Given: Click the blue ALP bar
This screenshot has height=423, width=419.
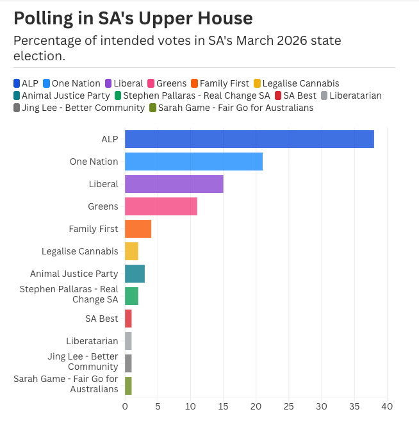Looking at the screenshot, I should click(249, 139).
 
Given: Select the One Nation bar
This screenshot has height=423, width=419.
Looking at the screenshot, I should click(193, 162).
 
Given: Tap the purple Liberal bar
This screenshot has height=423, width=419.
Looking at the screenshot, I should click(174, 184).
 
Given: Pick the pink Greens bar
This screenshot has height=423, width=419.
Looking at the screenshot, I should click(161, 206).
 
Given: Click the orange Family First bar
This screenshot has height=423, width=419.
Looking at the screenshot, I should click(138, 229).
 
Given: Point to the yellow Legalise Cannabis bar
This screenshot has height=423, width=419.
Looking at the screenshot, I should click(131, 251).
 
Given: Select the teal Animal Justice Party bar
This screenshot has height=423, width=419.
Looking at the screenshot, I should click(135, 274).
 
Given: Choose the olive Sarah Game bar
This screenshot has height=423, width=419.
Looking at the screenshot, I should click(128, 386).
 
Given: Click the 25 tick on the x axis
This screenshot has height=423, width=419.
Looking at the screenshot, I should click(289, 406).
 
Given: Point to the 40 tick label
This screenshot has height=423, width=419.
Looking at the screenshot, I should click(386, 406).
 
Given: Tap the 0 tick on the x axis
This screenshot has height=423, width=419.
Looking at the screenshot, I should click(125, 406).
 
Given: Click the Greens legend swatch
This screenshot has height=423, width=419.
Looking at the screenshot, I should click(151, 83).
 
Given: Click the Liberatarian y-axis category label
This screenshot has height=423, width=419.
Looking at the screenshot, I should click(92, 341).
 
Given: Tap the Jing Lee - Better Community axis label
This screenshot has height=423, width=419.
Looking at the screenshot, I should click(83, 361).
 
